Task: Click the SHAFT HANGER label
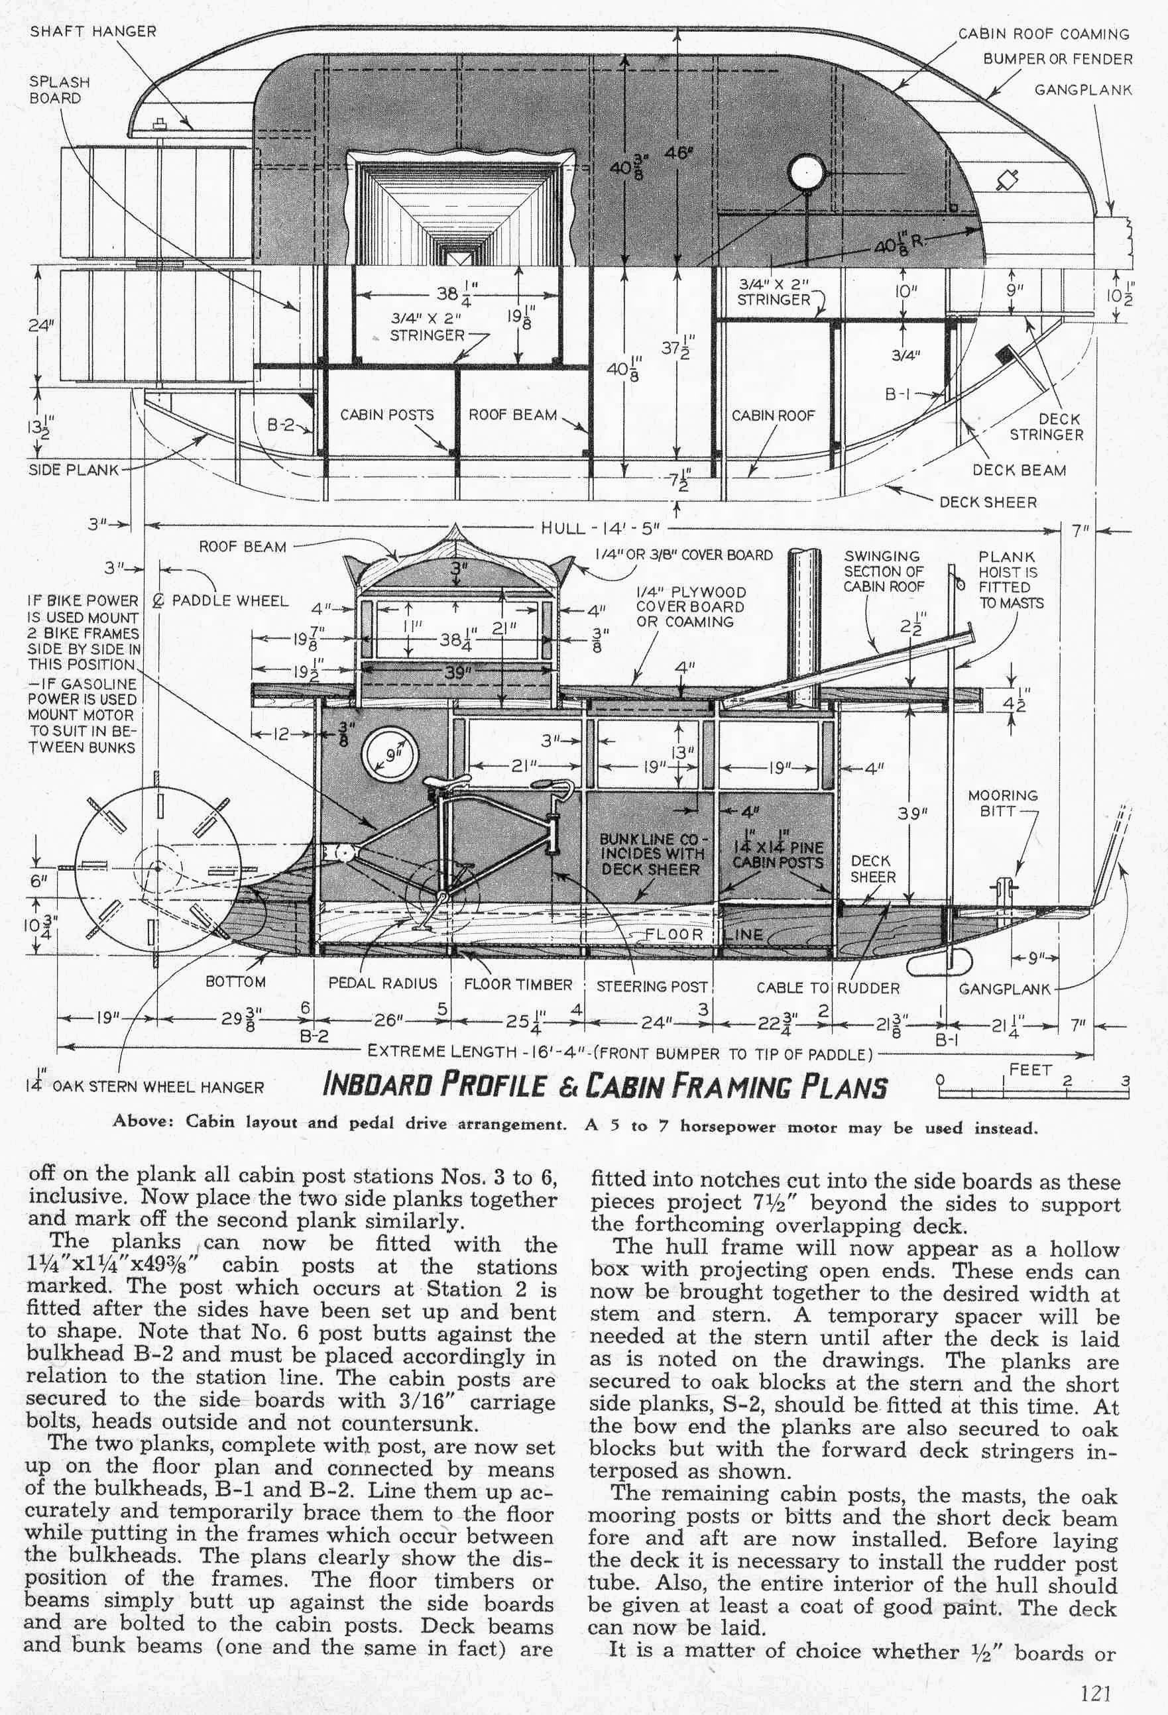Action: [93, 32]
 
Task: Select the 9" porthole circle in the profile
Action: [389, 753]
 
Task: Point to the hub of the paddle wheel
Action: [156, 865]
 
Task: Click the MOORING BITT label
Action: [1003, 803]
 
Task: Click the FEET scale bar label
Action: [1030, 1070]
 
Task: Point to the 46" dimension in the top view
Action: [677, 155]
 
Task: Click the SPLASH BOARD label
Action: [59, 90]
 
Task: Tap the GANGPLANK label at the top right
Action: [1082, 90]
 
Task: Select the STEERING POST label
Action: [652, 986]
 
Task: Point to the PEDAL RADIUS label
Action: [382, 983]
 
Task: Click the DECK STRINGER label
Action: [1046, 427]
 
